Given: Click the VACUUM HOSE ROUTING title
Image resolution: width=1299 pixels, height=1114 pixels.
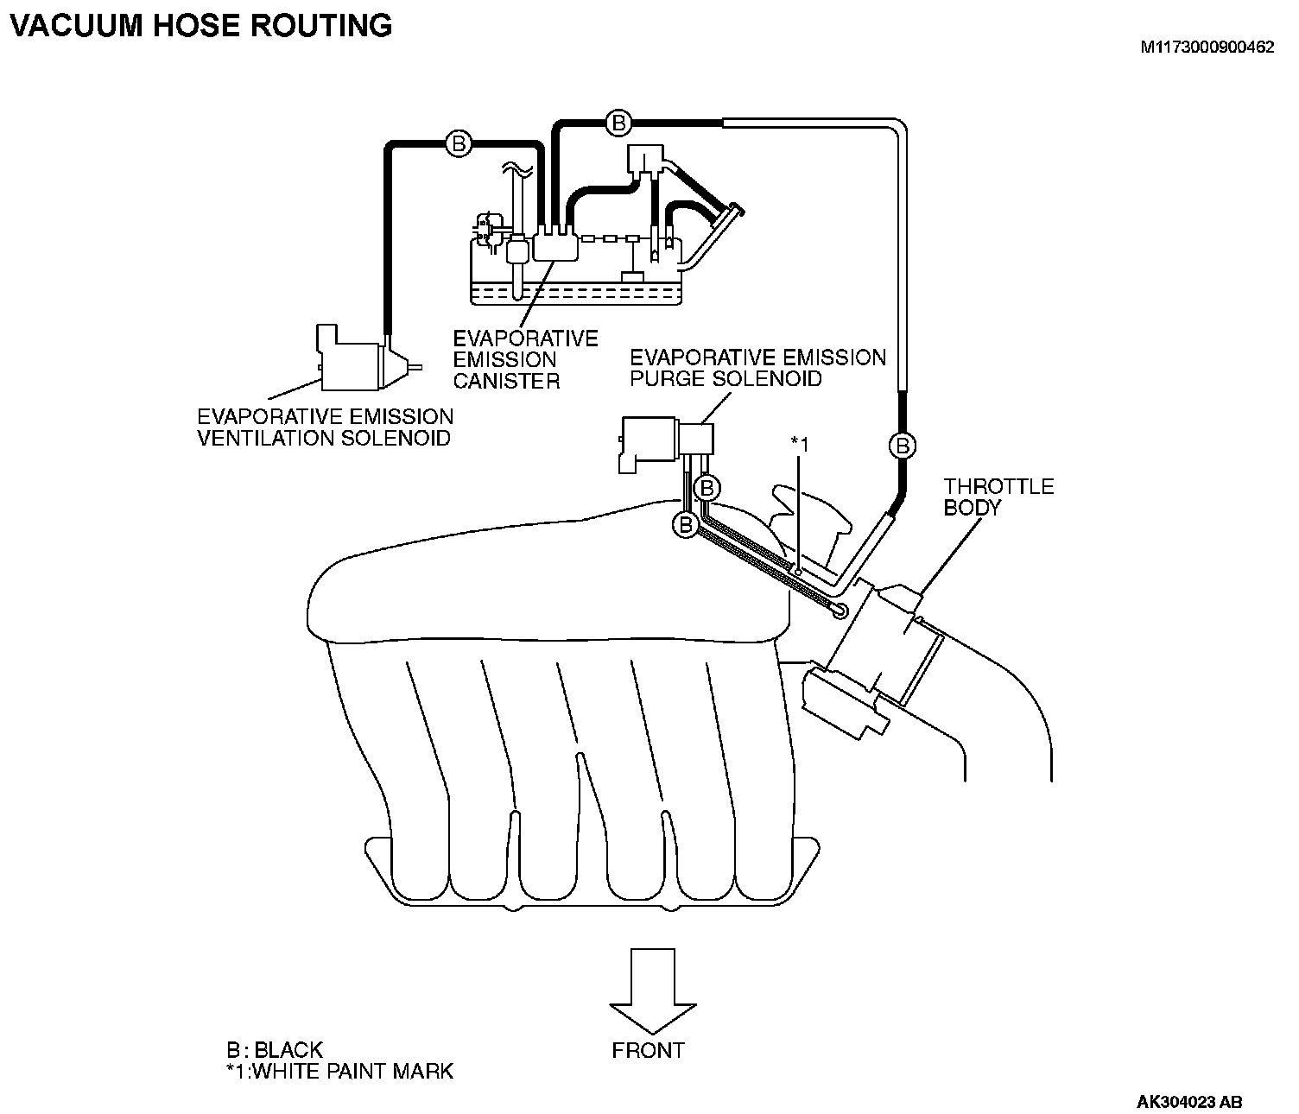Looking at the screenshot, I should tap(200, 25).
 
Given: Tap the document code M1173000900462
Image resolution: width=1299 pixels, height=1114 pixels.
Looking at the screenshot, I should tap(1207, 48).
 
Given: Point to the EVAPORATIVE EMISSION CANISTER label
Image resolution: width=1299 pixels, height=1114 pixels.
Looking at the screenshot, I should tap(525, 359).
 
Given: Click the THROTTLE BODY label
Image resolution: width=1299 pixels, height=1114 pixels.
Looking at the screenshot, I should tap(998, 497).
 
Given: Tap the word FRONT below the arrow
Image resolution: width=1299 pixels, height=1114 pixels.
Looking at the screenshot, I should tap(648, 1051).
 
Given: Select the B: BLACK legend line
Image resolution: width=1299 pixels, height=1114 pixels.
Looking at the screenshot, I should tap(274, 1050).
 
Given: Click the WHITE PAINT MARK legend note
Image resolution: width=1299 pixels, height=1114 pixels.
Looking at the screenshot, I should tap(339, 1072).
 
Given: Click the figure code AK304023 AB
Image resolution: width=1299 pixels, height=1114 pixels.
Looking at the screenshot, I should tap(1189, 1102).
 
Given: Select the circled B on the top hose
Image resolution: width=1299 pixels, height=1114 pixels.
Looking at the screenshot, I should tap(618, 123).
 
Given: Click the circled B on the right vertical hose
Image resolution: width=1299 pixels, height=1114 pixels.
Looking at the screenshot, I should tap(903, 446).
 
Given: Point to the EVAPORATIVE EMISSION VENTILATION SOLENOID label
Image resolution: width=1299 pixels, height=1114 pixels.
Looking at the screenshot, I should tap(326, 427).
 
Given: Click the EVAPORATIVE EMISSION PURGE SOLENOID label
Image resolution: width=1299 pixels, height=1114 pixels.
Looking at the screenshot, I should tap(757, 368).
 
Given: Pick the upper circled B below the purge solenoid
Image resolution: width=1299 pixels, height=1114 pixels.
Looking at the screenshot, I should tap(707, 489).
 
